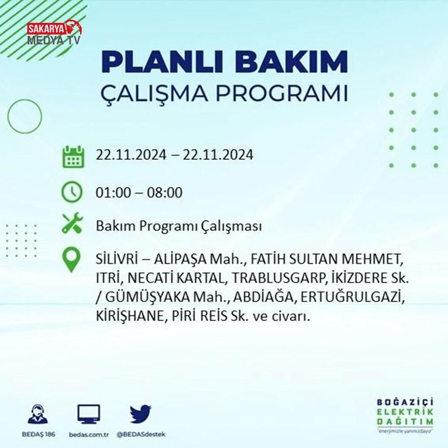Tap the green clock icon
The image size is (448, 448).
[x=72, y=192]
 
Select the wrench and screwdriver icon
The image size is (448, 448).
[x=72, y=223]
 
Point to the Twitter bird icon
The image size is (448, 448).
[x=141, y=414]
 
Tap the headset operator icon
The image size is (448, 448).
[x=38, y=414]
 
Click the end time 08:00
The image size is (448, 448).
[x=164, y=192]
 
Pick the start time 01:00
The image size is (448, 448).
[x=113, y=192]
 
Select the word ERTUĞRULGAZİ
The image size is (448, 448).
[x=353, y=297]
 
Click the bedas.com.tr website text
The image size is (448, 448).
[x=89, y=435]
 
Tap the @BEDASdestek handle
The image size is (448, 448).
[x=141, y=434]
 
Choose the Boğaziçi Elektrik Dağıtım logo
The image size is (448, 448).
[x=405, y=416]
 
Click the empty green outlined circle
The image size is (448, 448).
[x=8, y=116]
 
